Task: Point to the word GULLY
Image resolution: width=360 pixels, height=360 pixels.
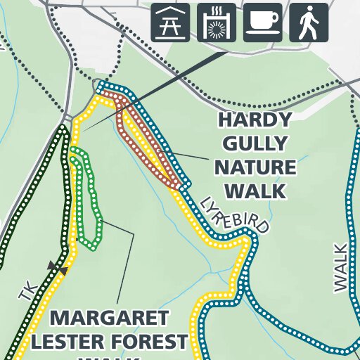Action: [255, 144]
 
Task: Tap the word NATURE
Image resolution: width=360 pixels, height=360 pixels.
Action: [255, 168]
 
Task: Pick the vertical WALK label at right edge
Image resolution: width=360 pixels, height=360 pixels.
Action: [341, 267]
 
